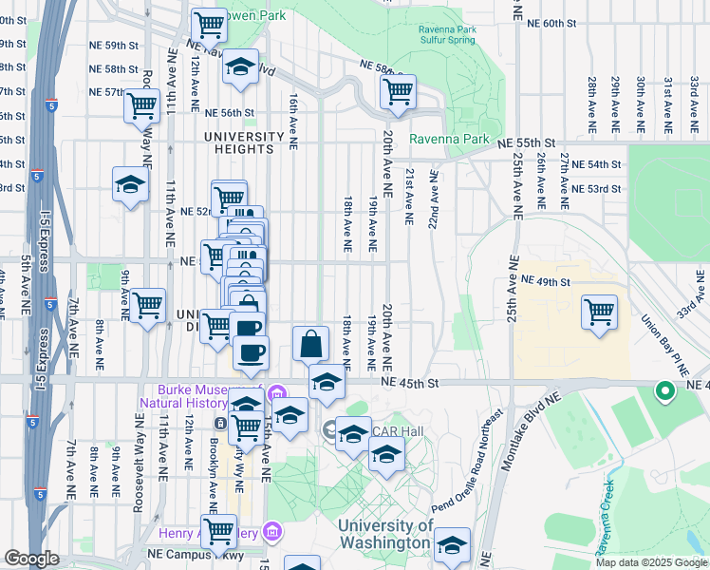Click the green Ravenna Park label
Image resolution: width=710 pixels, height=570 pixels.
[449, 140]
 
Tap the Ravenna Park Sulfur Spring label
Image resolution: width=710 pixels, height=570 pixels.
[448, 36]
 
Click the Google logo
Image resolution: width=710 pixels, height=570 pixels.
[30, 558]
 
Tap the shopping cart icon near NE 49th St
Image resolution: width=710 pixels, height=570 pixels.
[599, 312]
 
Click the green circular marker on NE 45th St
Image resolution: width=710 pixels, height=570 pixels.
[665, 390]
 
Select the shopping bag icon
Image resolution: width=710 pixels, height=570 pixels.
[311, 344]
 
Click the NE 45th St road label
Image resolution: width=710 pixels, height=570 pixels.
[413, 383]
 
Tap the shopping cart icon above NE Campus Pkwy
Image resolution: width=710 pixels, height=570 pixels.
[218, 531]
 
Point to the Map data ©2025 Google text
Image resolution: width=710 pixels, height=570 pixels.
[650, 562]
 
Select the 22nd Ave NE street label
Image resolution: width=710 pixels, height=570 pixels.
[435, 200]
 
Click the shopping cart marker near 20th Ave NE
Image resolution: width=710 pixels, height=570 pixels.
[398, 92]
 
